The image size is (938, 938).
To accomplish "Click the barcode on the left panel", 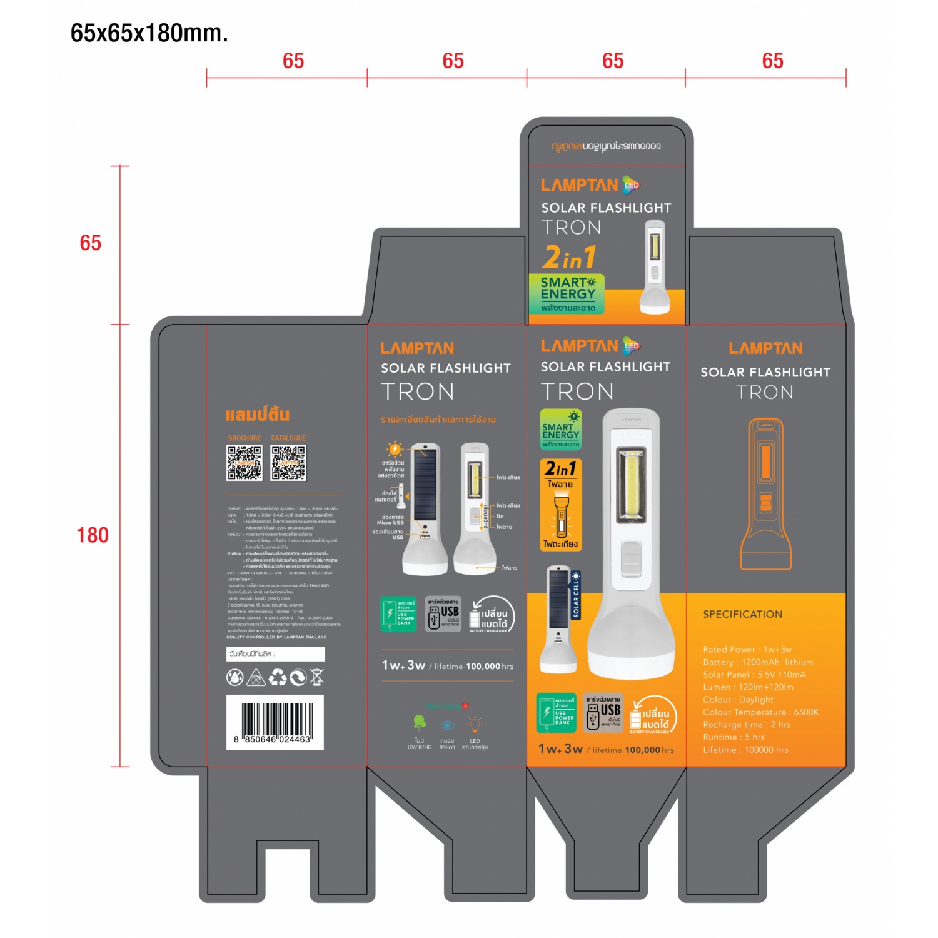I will tap(275, 722).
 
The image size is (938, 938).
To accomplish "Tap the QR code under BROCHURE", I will tap(245, 463).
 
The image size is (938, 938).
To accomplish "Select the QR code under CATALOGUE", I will tap(288, 463).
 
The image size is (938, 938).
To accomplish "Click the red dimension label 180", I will tap(93, 535).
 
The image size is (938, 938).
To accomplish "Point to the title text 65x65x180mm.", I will tap(149, 33).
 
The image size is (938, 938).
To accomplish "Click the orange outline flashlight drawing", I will tap(765, 494).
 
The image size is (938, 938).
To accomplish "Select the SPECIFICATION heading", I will tap(742, 614).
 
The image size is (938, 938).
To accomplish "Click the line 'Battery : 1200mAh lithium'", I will tap(758, 662).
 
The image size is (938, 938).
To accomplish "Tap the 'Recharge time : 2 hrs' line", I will tap(746, 725).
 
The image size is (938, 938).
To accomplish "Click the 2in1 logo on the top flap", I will tap(569, 257).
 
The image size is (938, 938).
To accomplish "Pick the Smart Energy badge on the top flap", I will tap(567, 293).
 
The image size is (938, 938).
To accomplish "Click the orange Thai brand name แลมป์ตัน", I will tap(257, 415).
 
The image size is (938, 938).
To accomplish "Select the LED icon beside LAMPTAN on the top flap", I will tap(632, 185).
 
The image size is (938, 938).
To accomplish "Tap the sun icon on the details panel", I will tap(395, 449).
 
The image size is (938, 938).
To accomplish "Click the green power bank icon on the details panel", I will tap(398, 613).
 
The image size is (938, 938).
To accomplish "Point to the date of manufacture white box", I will tap(275, 654).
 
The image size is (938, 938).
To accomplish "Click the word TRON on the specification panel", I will tap(765, 392).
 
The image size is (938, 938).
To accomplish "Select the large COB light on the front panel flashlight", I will tap(632, 484).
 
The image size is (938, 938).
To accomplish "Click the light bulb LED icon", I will tap(475, 725).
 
